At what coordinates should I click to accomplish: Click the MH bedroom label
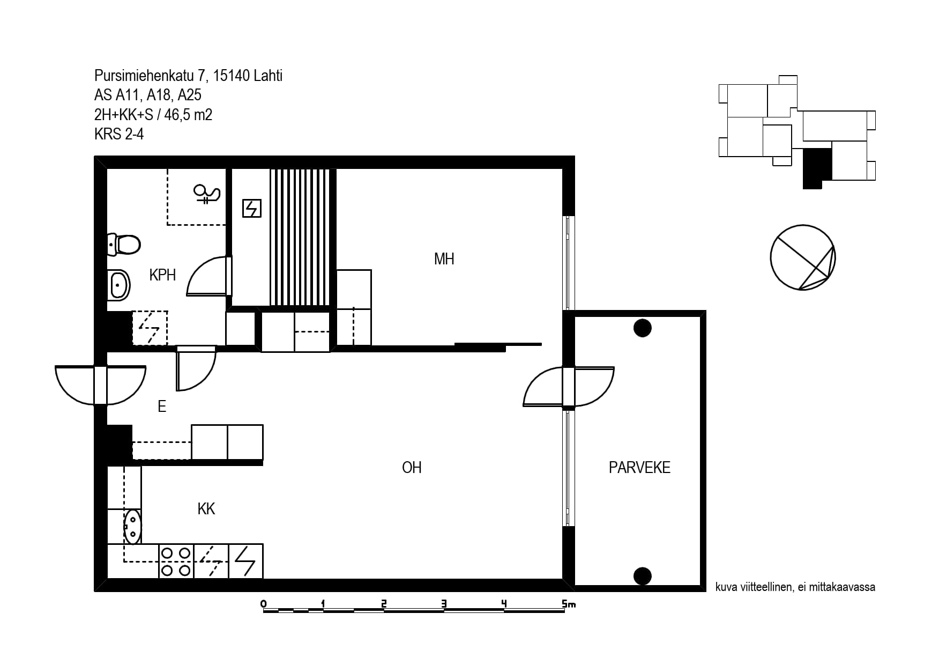[444, 259]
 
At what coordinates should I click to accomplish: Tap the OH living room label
[412, 468]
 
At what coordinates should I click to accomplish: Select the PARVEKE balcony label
[639, 468]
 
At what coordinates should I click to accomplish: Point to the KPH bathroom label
[162, 275]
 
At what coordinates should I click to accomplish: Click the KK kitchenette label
[206, 509]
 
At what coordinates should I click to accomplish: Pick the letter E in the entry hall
[162, 407]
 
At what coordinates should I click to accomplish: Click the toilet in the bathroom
[124, 245]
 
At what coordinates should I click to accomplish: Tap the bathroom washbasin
[118, 284]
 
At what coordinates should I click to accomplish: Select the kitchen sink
[132, 527]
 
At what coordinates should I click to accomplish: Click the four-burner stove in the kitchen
[176, 561]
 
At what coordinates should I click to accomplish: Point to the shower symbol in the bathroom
[207, 194]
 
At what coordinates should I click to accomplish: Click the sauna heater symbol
[251, 208]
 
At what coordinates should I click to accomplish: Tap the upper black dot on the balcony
[642, 328]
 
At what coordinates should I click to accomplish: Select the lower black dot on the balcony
[642, 576]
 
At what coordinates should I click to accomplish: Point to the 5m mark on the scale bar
[569, 604]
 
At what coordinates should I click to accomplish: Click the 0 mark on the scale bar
[263, 604]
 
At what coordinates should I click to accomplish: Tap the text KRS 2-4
[119, 134]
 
